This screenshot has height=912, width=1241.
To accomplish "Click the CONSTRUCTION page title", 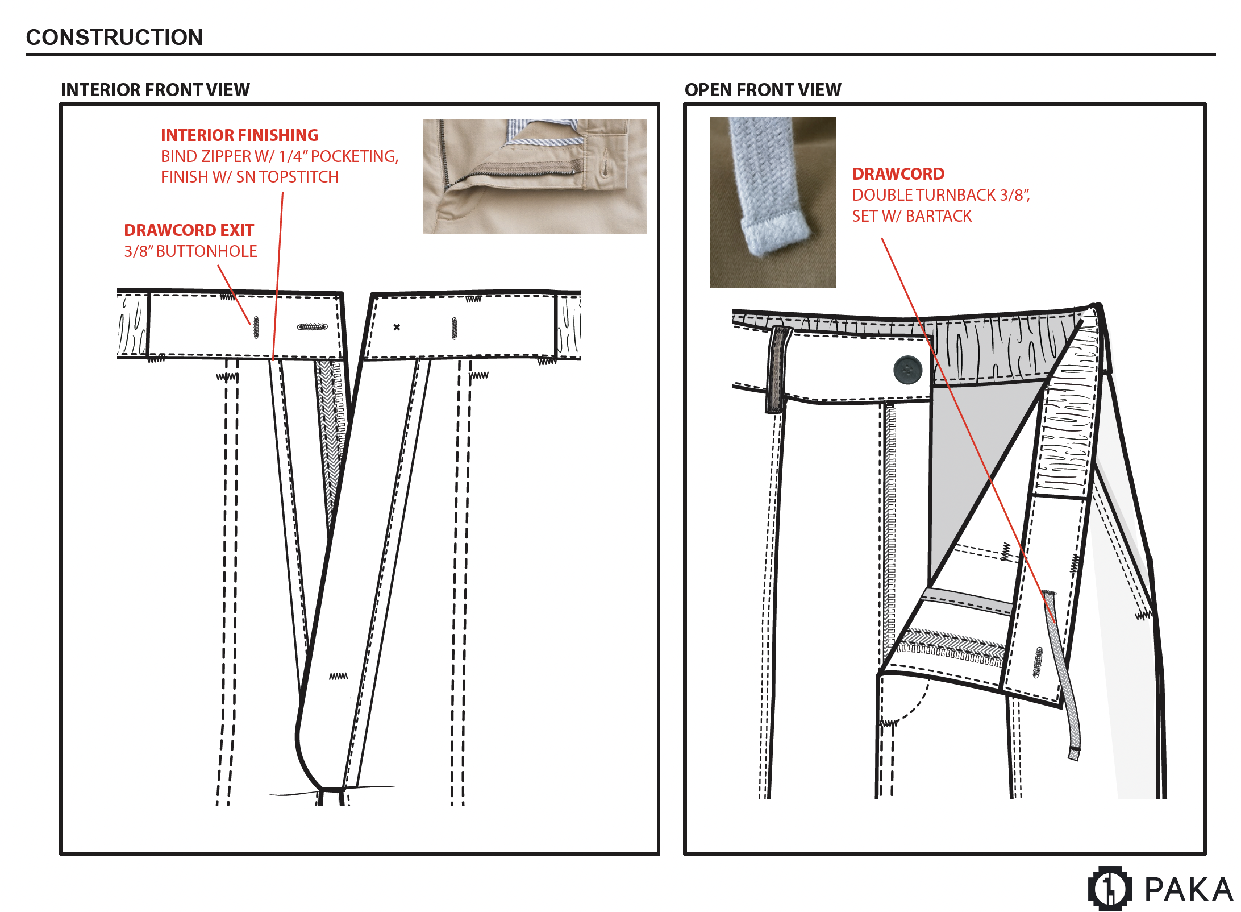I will coord(114,38).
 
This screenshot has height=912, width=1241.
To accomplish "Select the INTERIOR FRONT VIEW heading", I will coord(155,90).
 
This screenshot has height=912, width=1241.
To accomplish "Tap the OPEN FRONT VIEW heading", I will coord(763,90).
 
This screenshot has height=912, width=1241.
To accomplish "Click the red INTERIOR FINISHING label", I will coord(239,135).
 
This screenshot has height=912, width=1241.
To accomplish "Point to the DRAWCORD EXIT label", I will coord(189,230).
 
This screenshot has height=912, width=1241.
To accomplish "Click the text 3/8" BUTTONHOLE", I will coord(190,251).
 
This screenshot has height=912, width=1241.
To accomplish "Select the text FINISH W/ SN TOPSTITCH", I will coord(249,177).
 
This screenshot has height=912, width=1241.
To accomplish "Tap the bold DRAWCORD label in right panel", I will coord(898,174).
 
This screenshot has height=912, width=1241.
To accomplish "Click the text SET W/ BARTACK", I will coord(911,216).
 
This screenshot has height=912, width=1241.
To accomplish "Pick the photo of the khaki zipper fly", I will coord(535,176).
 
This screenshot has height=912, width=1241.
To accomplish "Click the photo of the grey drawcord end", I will coord(772,202).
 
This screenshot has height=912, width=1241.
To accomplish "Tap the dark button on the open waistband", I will coord(907,370).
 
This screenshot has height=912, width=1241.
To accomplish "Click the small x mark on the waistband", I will coord(397,327).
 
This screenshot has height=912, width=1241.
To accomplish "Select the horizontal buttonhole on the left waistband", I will coord(313,327).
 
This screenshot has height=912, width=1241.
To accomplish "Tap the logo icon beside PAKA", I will coord(1109,888).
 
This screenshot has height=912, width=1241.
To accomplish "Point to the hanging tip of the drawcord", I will coord(1073,753).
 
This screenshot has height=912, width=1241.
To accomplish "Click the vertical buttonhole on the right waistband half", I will coord(454,328).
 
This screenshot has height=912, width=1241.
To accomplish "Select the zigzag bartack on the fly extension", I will coord(338,676).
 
